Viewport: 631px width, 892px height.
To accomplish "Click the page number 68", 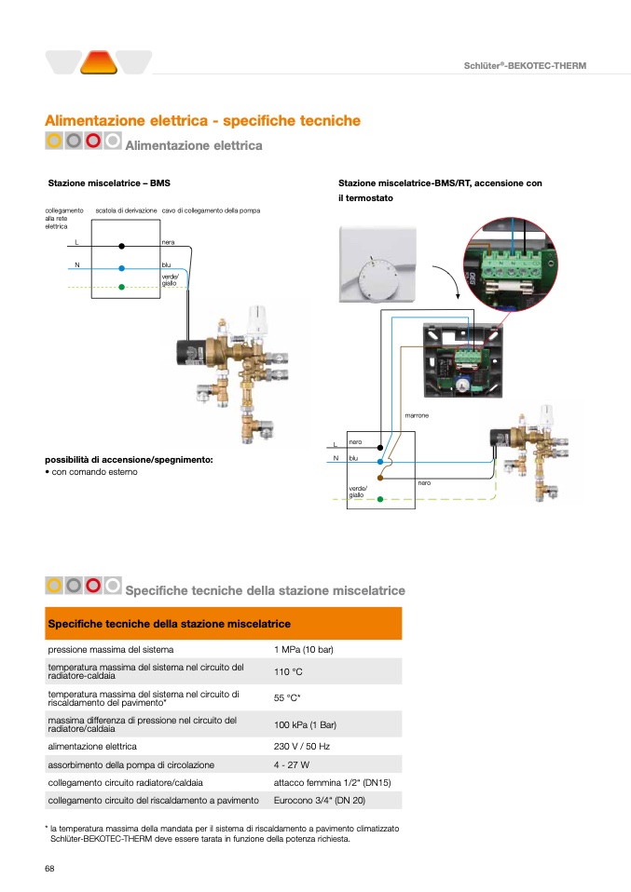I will click(x=50, y=868).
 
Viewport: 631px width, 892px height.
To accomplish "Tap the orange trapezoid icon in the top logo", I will click(x=98, y=62).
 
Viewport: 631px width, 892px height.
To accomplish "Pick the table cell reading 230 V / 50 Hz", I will click(x=302, y=746).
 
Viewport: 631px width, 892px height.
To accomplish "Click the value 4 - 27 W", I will click(x=291, y=764).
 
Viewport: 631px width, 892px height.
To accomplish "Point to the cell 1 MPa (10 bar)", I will click(x=304, y=649).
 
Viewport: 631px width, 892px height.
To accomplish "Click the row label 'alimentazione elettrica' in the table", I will click(x=92, y=746).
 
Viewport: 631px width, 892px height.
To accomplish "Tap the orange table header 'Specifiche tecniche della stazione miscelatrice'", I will click(x=169, y=623).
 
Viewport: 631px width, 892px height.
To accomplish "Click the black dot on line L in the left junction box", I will click(x=122, y=246).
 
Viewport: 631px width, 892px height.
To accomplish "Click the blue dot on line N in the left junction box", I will click(x=122, y=267).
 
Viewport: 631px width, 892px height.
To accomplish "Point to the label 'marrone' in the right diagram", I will click(x=417, y=414).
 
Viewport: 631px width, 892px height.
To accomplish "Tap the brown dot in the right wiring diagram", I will click(x=380, y=478).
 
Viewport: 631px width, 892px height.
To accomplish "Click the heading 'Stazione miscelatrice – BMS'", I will click(x=109, y=183).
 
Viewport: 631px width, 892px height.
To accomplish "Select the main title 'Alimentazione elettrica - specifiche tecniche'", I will click(x=202, y=121).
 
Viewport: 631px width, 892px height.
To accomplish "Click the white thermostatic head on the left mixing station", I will click(x=258, y=320).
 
